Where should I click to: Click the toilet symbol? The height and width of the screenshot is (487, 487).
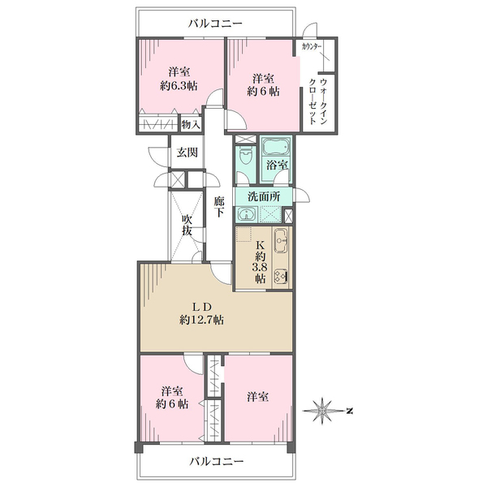(x=245, y=156)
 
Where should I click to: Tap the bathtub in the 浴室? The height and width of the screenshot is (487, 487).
(x=275, y=146)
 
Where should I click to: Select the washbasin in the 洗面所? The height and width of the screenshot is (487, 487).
(x=248, y=214)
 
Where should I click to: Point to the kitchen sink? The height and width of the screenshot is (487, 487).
(x=281, y=240)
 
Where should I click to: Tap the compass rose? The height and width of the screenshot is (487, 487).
(x=324, y=411)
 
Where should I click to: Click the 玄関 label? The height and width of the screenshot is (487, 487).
(x=187, y=153)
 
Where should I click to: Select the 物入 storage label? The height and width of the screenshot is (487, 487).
(x=191, y=124)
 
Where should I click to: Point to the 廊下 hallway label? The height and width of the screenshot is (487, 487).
(x=219, y=206)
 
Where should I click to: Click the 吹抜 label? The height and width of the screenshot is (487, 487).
(x=187, y=225)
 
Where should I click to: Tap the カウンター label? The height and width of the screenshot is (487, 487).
(x=312, y=47)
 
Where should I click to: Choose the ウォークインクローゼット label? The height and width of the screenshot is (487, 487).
(x=317, y=101)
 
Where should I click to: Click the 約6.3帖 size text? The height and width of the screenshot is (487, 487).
(x=179, y=86)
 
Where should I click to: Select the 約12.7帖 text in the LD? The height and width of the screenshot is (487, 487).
(x=202, y=320)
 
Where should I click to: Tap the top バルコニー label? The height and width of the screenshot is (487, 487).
(x=215, y=24)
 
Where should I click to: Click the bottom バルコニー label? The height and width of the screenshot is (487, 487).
(x=217, y=462)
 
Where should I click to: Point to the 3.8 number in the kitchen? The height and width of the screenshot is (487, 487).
(x=260, y=268)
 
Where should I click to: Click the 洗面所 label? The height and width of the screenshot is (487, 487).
(x=264, y=196)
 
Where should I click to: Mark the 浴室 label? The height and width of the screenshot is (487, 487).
(x=277, y=165)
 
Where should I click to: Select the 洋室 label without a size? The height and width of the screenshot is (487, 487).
(x=258, y=397)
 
